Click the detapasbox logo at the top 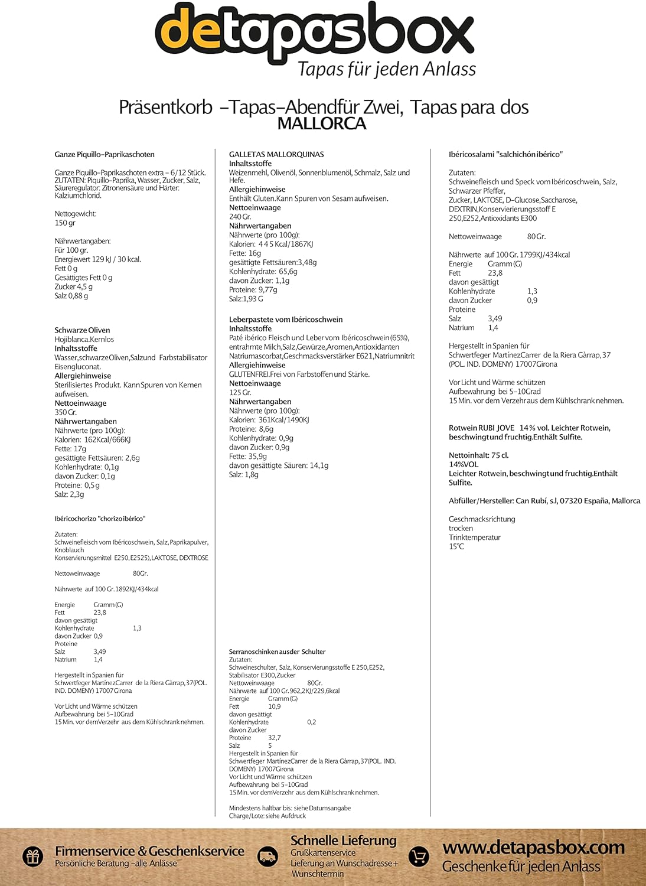point(314,32)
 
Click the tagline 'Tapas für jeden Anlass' point(387,69)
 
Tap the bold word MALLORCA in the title point(322,123)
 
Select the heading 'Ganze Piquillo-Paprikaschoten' point(105,154)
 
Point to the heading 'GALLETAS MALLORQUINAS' point(276,154)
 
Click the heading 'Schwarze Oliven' point(82,330)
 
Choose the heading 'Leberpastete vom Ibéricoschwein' point(286,320)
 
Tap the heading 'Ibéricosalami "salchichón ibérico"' point(505,154)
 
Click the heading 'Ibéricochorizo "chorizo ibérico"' point(100,519)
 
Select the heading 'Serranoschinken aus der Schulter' point(277,652)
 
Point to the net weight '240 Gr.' point(240,217)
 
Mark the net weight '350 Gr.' point(66,412)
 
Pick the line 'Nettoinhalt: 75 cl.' point(478,455)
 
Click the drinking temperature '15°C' point(456,546)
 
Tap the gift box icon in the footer point(33,856)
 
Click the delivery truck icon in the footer point(268,856)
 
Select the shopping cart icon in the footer point(419,856)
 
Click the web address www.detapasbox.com point(533,848)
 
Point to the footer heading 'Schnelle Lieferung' point(343,841)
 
